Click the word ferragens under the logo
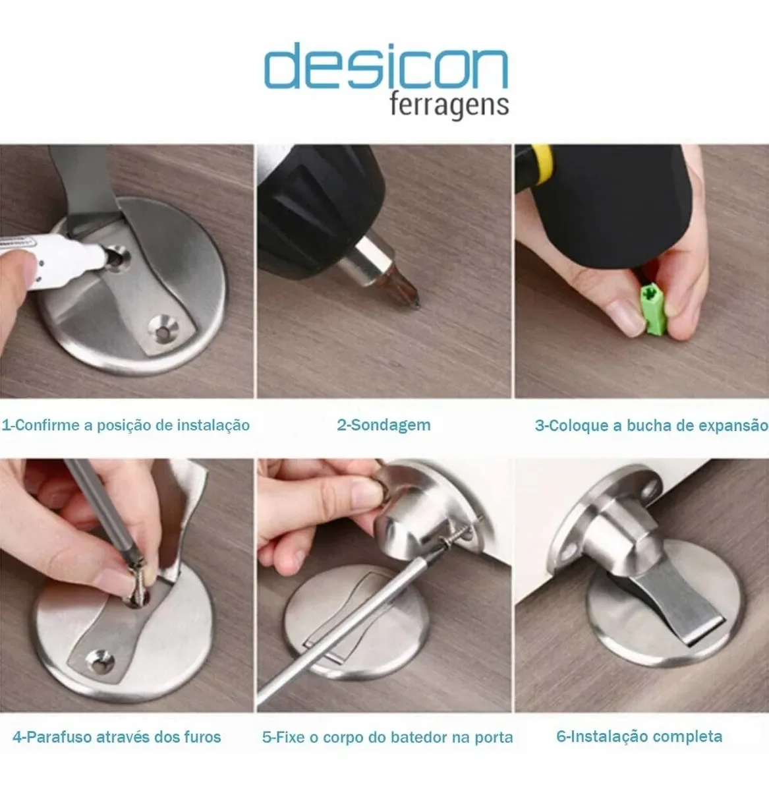click(449, 105)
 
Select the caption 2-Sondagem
click(384, 425)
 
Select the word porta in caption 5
click(494, 737)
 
